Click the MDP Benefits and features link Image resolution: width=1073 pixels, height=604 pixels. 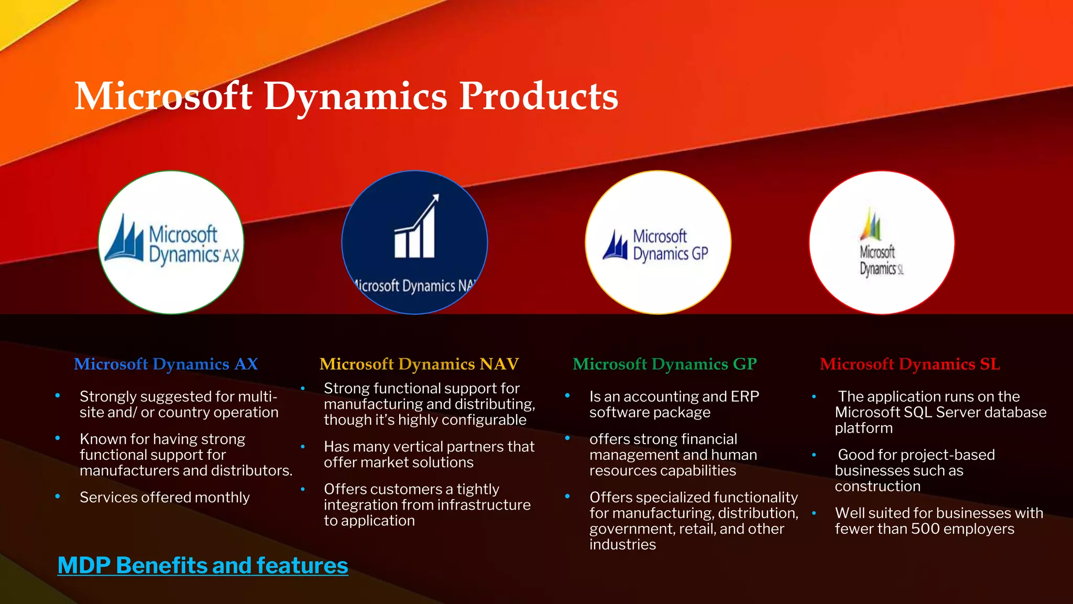202,566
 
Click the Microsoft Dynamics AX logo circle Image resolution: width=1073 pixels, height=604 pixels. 171,242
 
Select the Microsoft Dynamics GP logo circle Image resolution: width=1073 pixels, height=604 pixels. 658,242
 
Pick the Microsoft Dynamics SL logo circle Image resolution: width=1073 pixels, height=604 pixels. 882,242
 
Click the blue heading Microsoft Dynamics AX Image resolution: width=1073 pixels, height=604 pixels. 166,364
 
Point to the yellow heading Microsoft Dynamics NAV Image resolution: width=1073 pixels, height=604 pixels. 419,364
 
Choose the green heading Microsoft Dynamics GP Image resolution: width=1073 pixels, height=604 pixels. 664,364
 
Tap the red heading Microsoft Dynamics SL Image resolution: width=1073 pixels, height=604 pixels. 910,364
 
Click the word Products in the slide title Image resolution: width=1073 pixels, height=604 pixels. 538,96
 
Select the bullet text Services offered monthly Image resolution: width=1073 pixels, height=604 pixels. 165,497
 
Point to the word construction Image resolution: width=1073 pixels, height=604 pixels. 877,486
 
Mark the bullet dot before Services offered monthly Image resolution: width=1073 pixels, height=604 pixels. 58,496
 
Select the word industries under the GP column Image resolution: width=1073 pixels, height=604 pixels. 622,545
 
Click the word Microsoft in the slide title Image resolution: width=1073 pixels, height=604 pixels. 163,96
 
